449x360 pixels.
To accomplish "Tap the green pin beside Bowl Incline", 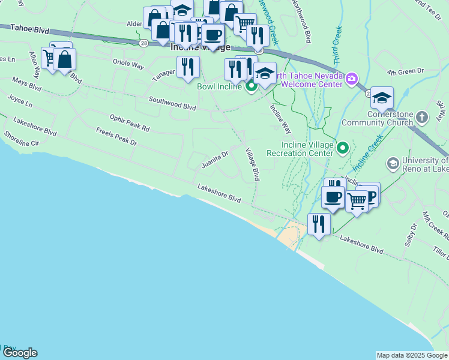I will coord(251,86).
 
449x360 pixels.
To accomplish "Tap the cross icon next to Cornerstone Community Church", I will coord(423,117).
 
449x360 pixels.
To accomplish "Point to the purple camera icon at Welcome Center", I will coord(351,79).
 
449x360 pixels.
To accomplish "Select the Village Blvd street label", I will coord(252,163).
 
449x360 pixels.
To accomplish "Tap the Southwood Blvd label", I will coord(172,104).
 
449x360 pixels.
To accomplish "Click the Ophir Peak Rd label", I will coord(129,124).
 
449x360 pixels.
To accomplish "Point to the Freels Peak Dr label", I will coord(116,136).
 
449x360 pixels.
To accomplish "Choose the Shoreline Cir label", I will coord(21,139).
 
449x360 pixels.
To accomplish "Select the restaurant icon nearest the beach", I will coord(319,225).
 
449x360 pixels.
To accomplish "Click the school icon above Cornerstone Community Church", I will coord(382,98).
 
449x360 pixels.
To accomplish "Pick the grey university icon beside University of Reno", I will coord(393,163).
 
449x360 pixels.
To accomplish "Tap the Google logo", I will coord(20,353).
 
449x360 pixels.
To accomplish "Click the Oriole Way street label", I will coord(128,63).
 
